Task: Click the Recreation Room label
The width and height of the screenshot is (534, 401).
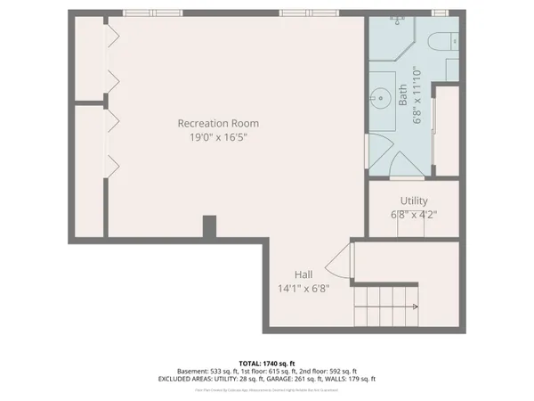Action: pos(217,123)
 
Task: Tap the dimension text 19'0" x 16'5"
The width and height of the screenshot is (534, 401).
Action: pos(217,138)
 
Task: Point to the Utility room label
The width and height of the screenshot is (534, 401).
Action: pos(414,200)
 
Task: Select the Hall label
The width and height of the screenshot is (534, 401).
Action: pos(303,274)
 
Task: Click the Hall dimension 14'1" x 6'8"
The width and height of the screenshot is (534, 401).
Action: pos(303,289)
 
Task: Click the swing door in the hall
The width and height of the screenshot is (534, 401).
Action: pos(336,263)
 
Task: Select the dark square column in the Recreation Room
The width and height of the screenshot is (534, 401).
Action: pos(209,226)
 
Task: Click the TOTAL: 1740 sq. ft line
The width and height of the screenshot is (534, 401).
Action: pos(267,363)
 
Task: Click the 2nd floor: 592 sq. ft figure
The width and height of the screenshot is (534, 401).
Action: pos(330,371)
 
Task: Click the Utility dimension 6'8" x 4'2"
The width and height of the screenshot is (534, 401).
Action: pos(414,215)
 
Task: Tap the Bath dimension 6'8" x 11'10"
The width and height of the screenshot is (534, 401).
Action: pos(417,96)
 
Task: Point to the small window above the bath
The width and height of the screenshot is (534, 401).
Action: pos(438,12)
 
